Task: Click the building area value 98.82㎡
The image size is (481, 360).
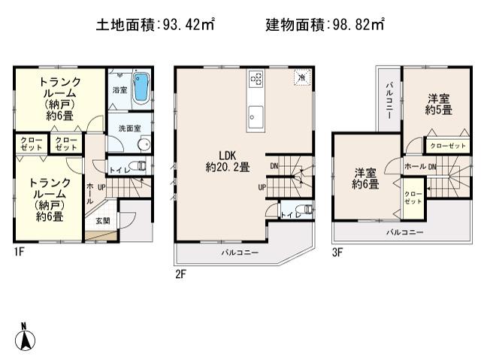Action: (357, 24)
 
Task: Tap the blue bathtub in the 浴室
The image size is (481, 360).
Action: (141, 83)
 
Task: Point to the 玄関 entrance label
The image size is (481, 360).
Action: (103, 220)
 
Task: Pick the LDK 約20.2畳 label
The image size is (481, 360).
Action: (228, 162)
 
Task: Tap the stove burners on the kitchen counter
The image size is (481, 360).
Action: (256, 78)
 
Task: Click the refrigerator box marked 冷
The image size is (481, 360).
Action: (301, 77)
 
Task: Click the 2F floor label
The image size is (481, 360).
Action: (180, 274)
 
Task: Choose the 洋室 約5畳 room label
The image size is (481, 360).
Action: (439, 104)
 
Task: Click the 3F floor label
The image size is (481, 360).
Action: (338, 253)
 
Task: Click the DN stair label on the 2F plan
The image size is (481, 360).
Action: (274, 165)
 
